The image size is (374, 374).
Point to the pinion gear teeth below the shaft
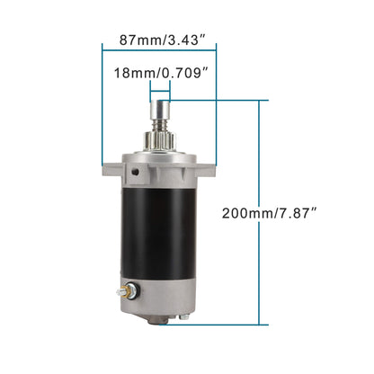pos(158,138)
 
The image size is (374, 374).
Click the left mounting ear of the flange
pos(109,167)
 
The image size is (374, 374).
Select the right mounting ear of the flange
pos(208,167)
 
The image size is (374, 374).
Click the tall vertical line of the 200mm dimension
pos(261,213)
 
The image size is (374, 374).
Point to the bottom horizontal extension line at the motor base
pos(234,325)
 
